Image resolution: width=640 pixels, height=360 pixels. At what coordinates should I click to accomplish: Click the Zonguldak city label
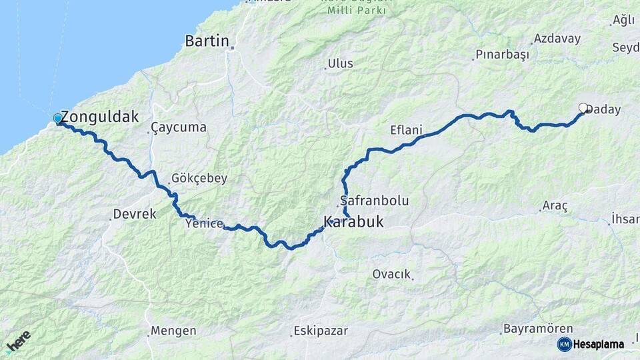(100, 117)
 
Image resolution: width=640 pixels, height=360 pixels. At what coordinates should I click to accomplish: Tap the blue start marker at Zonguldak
(58, 119)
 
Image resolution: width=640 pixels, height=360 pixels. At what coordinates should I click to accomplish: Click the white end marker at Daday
(583, 107)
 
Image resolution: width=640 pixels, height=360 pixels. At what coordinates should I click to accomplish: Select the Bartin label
(207, 41)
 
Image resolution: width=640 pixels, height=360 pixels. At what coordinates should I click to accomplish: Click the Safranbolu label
(374, 200)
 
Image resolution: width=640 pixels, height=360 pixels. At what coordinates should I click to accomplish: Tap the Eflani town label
(406, 130)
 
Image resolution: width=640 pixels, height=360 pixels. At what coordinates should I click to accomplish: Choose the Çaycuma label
(178, 127)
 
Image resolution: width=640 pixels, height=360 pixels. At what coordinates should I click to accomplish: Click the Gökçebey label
(199, 178)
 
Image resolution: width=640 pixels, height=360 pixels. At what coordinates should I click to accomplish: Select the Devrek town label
(134, 214)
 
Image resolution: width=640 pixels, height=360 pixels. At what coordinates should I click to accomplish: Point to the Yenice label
(204, 223)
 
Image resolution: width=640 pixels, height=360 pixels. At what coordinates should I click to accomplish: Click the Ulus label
(340, 64)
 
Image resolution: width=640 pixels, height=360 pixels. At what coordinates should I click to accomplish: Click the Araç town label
(555, 207)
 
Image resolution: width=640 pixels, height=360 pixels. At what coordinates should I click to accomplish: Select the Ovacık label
(391, 274)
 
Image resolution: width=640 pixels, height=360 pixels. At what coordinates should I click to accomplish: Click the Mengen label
(173, 331)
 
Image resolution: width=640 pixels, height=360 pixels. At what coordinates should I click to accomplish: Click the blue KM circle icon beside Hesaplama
(564, 344)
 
